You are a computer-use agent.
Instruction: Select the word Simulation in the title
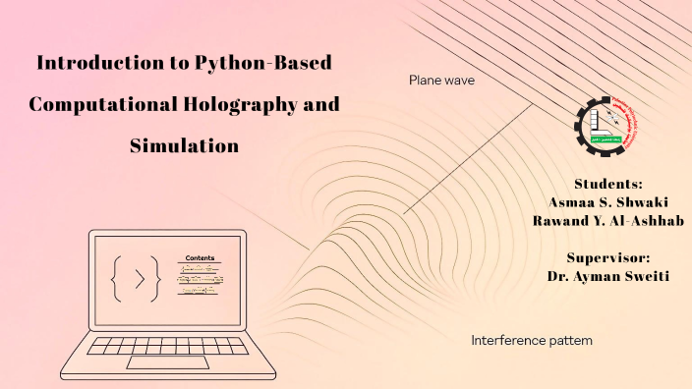point(185,146)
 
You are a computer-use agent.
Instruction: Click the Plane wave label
point(441,81)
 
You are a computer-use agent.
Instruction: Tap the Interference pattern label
point(531,341)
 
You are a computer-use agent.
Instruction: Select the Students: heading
point(608,184)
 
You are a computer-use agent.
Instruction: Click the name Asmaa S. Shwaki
point(608,202)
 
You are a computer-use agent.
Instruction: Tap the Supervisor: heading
point(608,257)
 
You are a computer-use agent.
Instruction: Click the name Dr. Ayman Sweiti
point(608,276)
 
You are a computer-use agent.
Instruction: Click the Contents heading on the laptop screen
point(200,257)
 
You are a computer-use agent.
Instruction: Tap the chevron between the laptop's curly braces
point(139,278)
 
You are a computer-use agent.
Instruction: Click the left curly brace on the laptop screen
point(118,278)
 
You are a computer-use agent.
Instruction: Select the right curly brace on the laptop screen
point(161,278)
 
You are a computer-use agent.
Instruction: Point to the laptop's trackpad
point(166,362)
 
